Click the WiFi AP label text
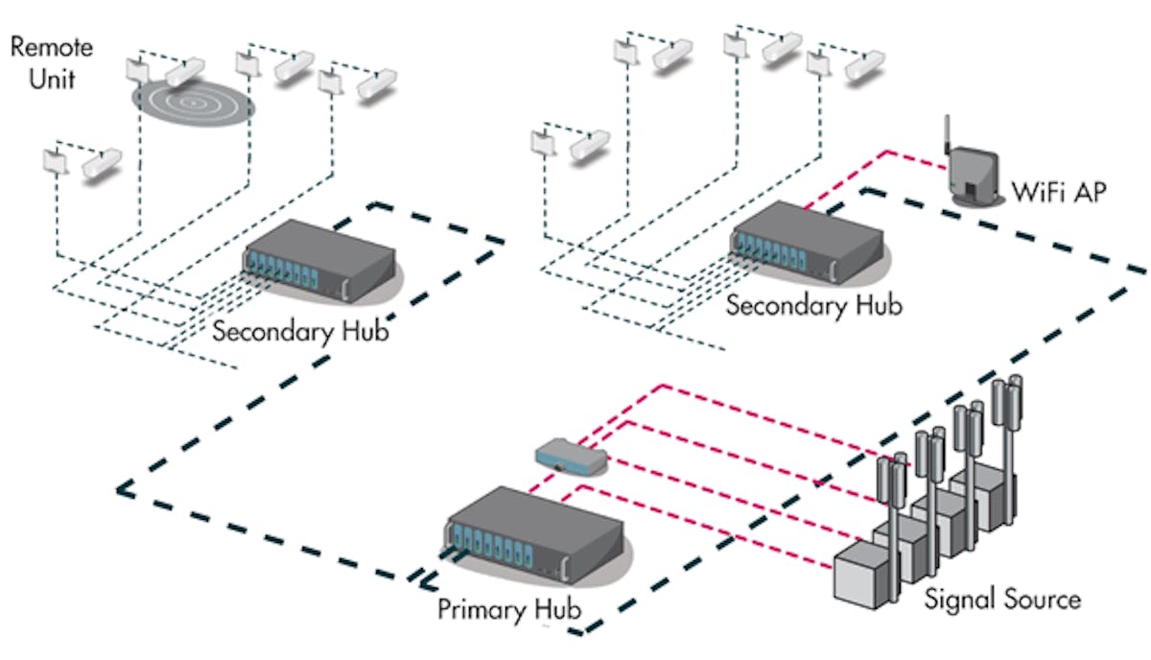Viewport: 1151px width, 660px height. click(1059, 192)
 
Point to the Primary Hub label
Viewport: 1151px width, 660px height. click(509, 609)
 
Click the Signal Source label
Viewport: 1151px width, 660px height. click(1002, 601)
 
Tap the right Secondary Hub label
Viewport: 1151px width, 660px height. click(813, 307)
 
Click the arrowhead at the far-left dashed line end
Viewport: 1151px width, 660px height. click(122, 489)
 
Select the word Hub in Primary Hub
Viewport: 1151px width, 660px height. click(556, 609)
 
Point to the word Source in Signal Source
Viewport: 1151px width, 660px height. click(1041, 601)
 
